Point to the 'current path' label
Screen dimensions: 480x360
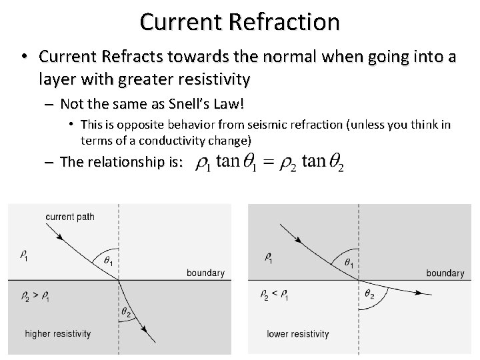pos(69,216)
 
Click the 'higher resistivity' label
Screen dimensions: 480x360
pos(58,333)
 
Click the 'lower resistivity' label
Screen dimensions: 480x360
pos(298,333)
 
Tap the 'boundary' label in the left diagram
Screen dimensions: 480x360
pos(205,273)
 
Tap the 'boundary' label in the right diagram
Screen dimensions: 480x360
pos(445,273)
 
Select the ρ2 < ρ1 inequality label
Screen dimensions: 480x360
pos(275,294)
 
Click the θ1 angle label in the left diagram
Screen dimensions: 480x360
pos(107,261)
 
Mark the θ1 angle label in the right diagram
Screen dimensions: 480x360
pos(348,263)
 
